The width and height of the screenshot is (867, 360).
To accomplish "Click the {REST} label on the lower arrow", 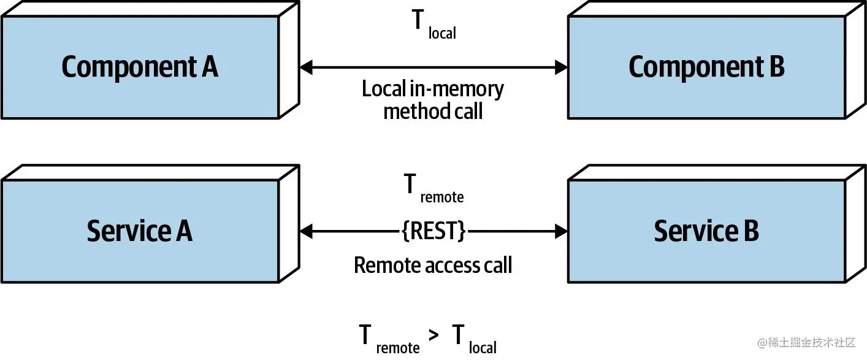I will [x=433, y=231].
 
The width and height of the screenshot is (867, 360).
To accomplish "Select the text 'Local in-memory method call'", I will [x=433, y=100].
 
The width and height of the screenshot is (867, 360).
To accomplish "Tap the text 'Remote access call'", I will [x=433, y=265].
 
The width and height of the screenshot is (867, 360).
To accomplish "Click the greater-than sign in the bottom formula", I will [x=434, y=337].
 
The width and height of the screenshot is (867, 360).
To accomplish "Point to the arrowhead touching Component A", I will [x=306, y=67].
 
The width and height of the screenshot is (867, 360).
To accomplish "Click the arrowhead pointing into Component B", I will [x=561, y=67].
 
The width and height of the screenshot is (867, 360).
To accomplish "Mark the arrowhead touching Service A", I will [x=306, y=231].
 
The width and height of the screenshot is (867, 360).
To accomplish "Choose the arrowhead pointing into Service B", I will [x=561, y=231].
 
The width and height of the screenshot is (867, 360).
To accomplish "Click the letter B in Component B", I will [x=776, y=67].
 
